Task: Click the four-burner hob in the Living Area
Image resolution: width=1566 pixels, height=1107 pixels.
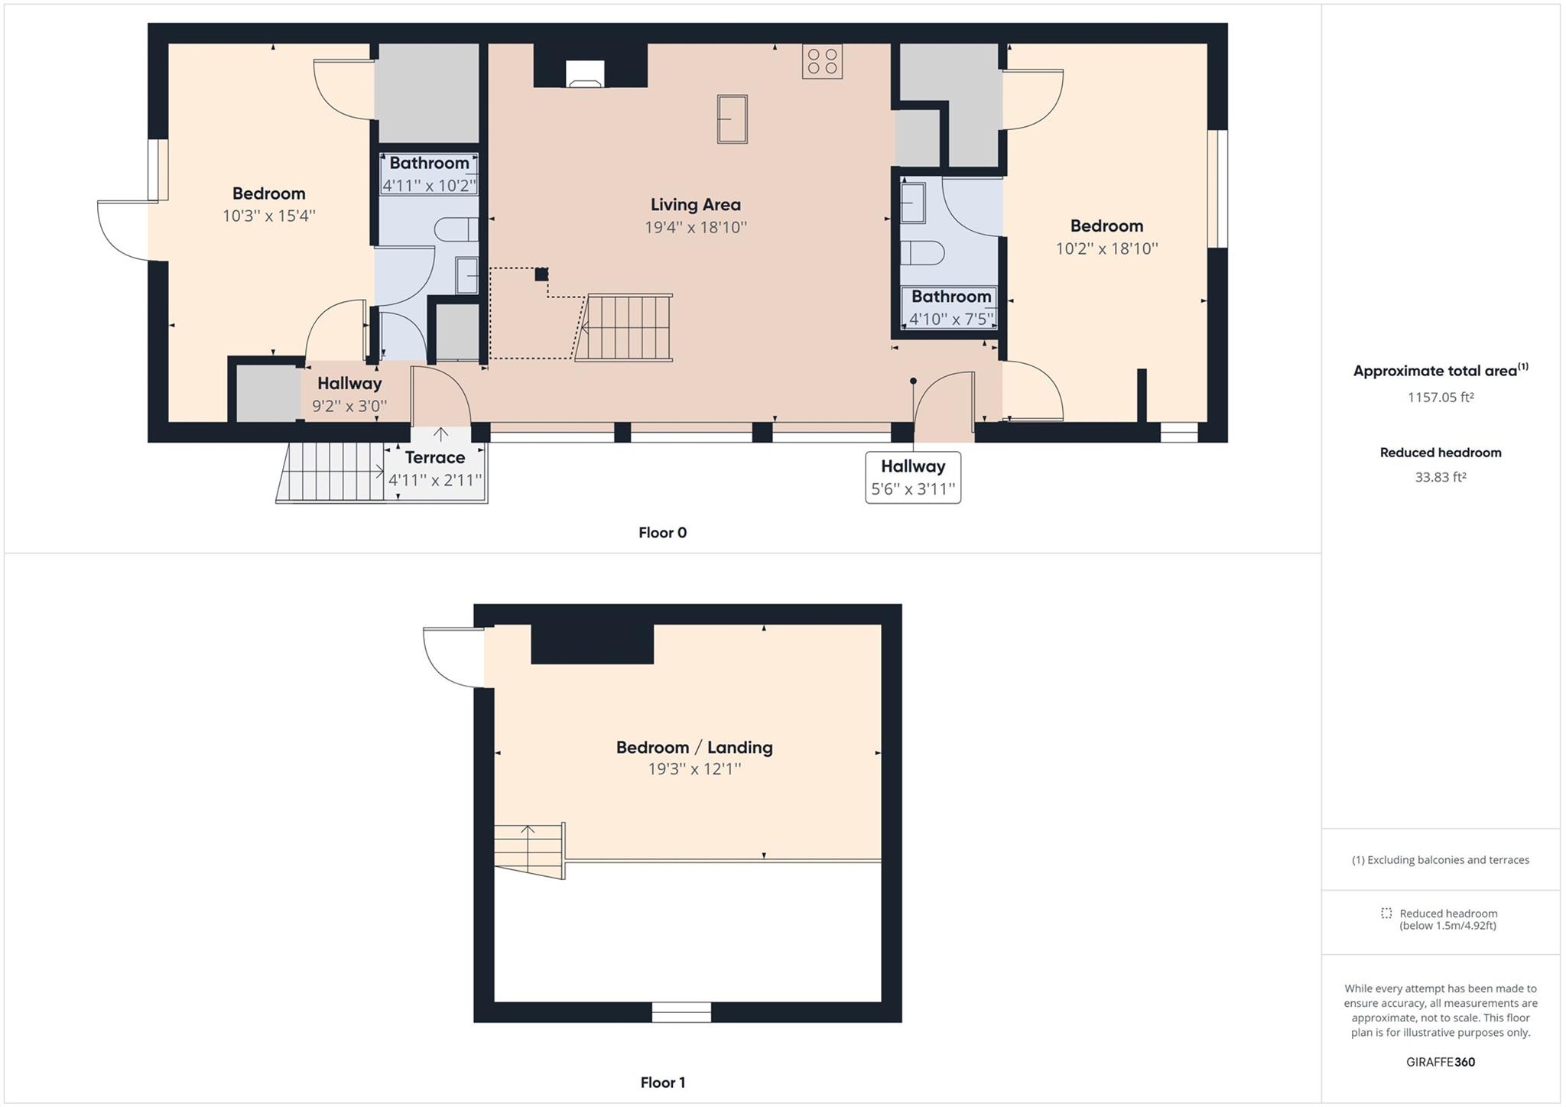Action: point(822,62)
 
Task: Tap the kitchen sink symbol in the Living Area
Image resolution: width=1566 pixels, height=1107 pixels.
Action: point(732,118)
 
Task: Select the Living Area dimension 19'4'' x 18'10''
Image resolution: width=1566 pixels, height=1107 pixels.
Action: point(695,227)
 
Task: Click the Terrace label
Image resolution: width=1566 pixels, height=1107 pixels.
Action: point(434,457)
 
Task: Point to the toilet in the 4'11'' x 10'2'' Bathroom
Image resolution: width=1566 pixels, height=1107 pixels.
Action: point(456,229)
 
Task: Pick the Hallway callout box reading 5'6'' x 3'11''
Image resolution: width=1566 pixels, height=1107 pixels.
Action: point(912,477)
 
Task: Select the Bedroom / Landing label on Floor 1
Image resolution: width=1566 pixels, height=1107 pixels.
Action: point(694,747)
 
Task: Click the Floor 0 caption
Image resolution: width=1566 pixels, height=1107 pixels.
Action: point(662,533)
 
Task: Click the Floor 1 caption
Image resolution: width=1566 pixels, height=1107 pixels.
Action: point(662,1083)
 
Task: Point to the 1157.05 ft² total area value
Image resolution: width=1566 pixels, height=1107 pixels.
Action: point(1440,398)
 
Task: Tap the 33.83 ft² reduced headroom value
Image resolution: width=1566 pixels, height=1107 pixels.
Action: point(1440,477)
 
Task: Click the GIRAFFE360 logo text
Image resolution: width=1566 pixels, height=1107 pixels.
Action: point(1440,1062)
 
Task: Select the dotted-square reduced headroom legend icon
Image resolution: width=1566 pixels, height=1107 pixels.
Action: point(1386,913)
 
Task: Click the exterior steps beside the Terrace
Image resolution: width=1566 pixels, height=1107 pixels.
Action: point(333,472)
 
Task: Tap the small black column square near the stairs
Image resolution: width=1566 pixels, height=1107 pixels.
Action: point(541,274)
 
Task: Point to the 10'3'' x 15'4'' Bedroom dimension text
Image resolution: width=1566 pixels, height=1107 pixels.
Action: point(268,216)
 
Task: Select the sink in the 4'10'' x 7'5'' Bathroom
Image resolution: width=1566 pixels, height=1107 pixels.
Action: point(913,203)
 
